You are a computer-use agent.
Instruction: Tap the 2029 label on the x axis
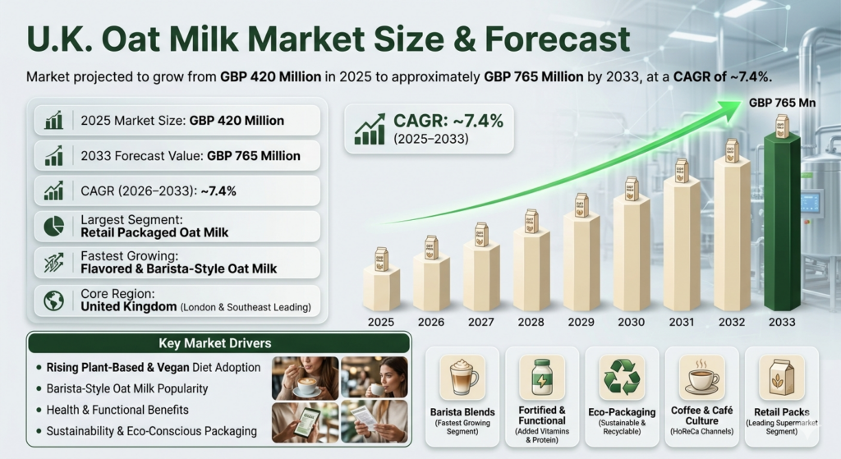581,322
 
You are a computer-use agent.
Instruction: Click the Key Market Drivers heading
218,343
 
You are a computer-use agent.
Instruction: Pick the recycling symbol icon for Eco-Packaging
622,377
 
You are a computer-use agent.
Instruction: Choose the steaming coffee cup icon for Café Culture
702,377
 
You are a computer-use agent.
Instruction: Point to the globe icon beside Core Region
54,301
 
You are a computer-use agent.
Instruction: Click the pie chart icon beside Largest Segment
54,226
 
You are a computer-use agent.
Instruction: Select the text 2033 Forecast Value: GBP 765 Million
191,155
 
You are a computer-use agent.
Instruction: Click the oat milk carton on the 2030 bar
632,186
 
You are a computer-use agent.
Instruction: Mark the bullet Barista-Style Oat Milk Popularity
127,388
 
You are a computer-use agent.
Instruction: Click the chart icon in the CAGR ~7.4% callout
370,129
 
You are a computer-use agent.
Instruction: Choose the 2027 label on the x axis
481,322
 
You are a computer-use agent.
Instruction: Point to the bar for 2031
682,246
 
